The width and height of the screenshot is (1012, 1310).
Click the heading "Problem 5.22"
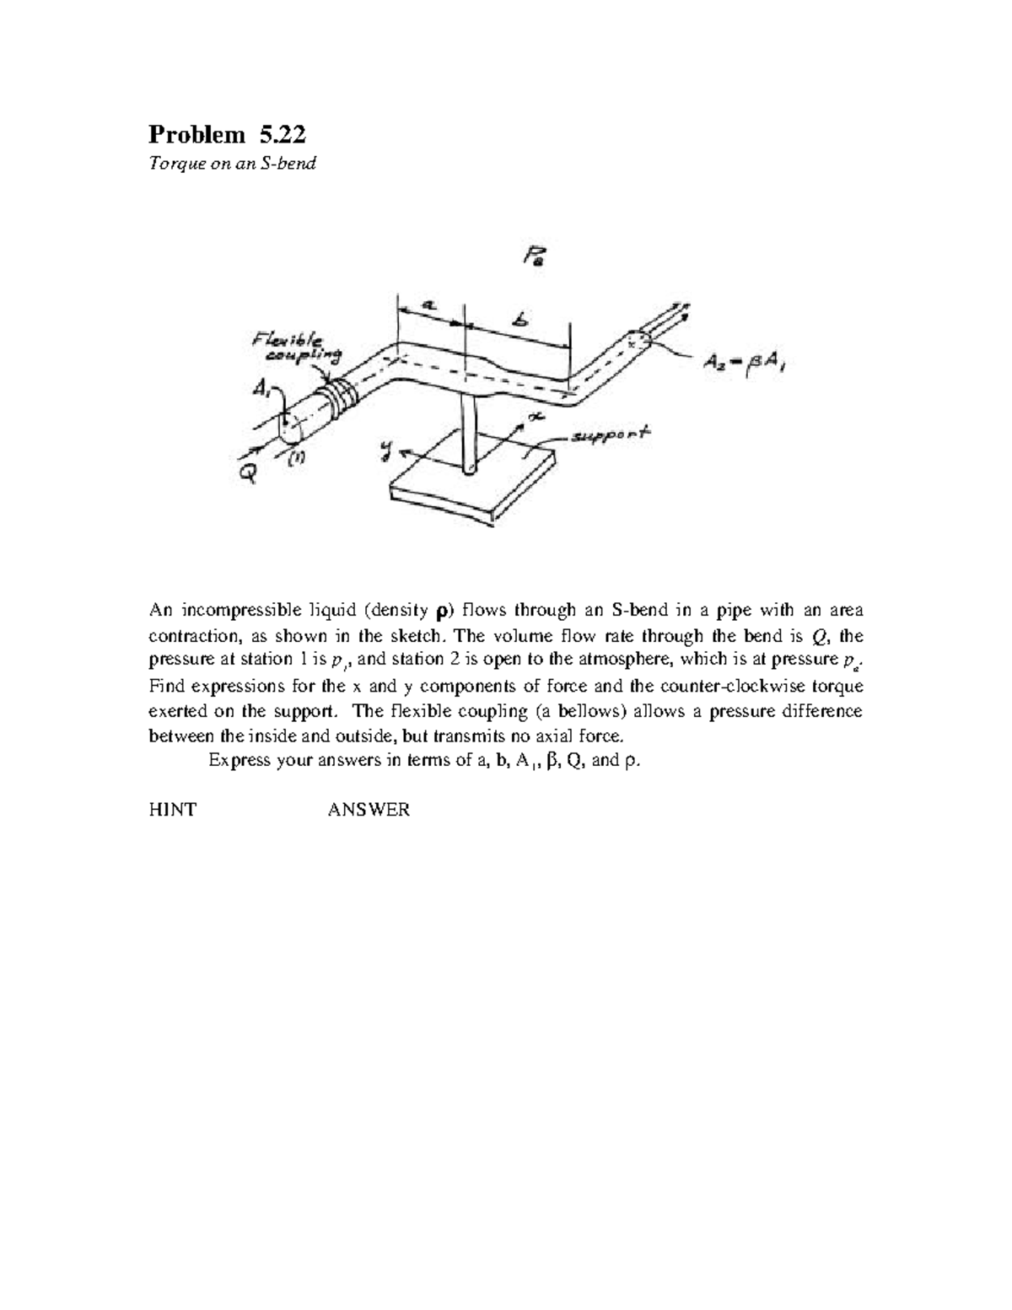coord(227,134)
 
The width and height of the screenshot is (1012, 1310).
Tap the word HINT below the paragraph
coord(172,811)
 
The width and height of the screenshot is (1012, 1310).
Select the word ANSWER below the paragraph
coord(369,811)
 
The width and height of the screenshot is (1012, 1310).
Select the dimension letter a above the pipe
coord(428,307)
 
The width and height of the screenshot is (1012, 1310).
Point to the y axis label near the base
coord(386,456)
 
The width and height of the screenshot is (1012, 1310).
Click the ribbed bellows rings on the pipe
coord(342,396)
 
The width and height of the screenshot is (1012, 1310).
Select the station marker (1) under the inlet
coord(297,457)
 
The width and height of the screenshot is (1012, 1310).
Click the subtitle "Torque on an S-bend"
coord(232,164)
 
